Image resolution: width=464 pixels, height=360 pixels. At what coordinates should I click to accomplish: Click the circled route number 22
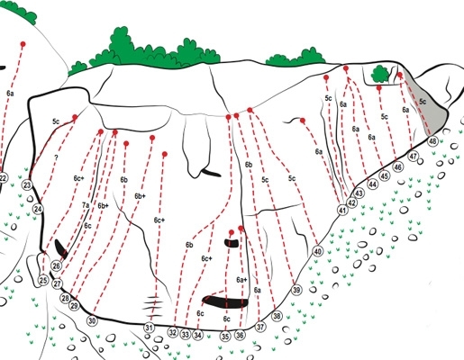click(3, 178)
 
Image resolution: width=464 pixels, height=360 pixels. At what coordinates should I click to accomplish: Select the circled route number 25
click(43, 280)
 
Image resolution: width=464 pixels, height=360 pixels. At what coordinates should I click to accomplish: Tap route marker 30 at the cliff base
click(92, 320)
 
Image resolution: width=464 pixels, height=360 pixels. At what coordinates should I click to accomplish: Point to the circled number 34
click(197, 335)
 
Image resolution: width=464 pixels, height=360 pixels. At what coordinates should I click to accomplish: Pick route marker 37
click(260, 327)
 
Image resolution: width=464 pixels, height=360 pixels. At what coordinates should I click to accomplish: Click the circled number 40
click(318, 251)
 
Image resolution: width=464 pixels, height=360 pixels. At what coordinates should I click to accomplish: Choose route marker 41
click(342, 210)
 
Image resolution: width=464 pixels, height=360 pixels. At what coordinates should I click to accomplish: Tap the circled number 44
click(372, 184)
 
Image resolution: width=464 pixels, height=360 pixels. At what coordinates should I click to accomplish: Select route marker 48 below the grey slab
click(432, 141)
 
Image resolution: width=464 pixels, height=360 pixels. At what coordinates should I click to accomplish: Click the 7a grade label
click(86, 205)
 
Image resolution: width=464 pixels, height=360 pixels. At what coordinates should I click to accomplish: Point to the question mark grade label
click(56, 157)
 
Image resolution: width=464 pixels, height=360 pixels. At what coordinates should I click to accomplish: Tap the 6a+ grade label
click(241, 280)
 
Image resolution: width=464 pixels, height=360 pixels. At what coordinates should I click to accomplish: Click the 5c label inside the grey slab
click(423, 102)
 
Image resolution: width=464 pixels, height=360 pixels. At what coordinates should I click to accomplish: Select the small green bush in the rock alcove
click(380, 75)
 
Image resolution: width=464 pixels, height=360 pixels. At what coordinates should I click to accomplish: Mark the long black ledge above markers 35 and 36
click(225, 302)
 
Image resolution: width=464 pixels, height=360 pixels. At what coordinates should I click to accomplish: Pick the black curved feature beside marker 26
click(61, 249)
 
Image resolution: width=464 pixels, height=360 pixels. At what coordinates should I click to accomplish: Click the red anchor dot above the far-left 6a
click(23, 44)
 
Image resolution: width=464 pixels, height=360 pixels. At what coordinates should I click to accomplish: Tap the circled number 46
click(398, 166)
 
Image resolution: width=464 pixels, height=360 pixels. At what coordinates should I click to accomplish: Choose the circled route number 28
click(65, 298)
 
